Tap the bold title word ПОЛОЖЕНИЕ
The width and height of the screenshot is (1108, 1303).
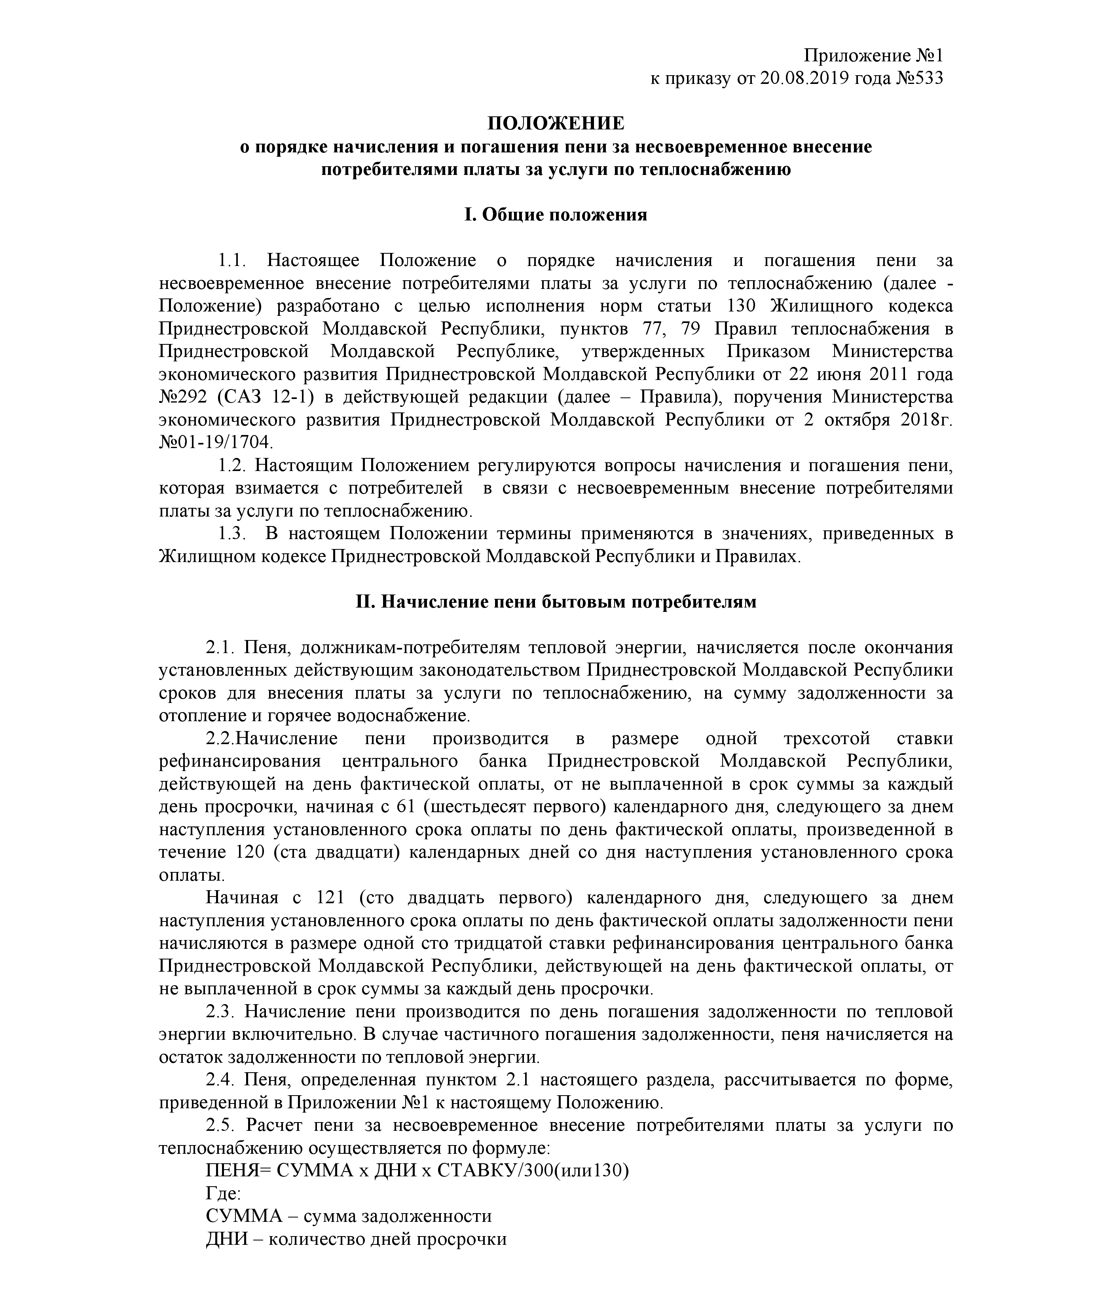coord(556,123)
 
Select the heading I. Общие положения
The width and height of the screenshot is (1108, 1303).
coord(556,215)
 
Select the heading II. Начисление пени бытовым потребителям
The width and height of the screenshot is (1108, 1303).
coord(556,602)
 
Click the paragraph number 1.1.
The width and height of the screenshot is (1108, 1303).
coord(231,261)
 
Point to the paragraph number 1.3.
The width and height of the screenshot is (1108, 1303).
coord(231,534)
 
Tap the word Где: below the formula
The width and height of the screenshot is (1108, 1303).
coord(223,1194)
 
